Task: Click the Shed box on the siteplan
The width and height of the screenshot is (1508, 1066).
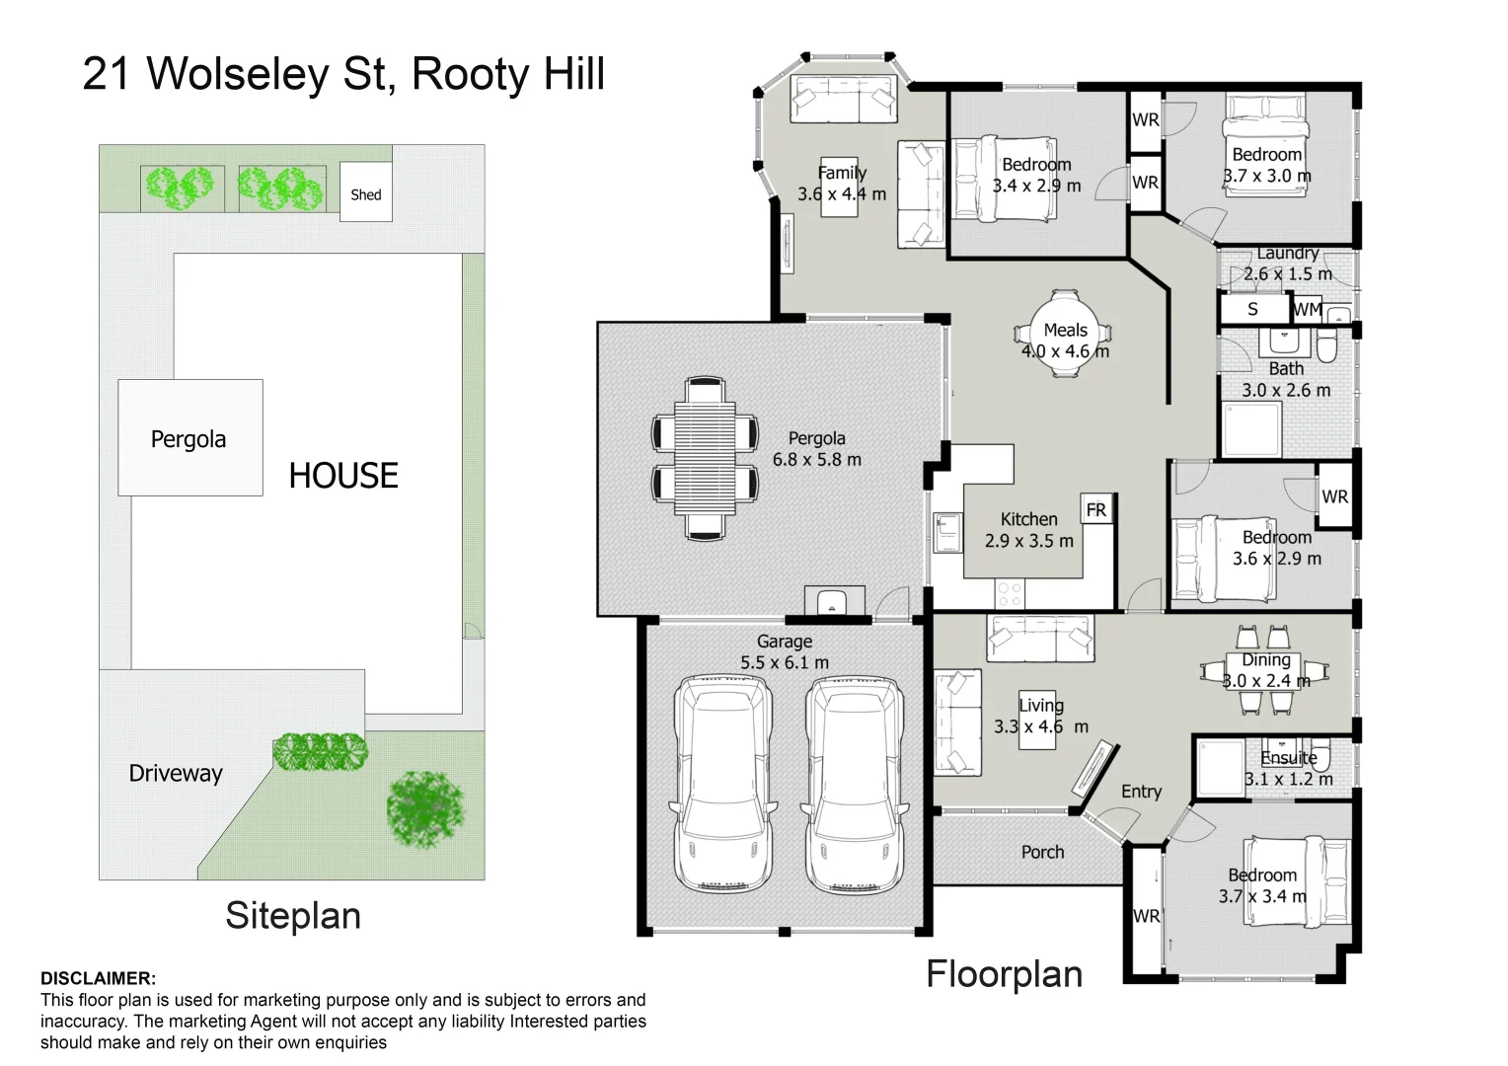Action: pos(365,193)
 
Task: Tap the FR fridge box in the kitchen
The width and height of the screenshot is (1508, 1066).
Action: pos(1096,509)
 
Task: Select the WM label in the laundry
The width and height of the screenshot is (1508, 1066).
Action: pos(1308,309)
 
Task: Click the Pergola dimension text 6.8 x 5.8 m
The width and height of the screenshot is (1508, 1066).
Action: pos(816,460)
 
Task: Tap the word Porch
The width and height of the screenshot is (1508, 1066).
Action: pos(1042,852)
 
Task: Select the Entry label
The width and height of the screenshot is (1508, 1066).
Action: pos(1141,792)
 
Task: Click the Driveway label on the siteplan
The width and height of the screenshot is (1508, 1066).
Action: pos(176,773)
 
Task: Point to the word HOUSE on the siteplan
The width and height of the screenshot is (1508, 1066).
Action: pos(343,476)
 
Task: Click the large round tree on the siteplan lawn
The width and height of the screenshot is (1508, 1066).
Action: pos(425,808)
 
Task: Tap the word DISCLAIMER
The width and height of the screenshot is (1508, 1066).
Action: pos(98,979)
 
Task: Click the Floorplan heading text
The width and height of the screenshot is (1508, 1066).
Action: pos(1004,974)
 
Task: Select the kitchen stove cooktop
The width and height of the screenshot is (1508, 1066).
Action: pos(1010,593)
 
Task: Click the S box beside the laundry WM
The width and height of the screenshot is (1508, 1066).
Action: pos(1253,309)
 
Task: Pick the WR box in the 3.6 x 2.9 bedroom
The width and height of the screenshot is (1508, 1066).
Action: pos(1334,496)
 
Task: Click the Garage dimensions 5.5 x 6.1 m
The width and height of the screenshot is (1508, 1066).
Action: pos(785,663)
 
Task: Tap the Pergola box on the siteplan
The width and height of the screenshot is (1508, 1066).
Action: pos(189,438)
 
